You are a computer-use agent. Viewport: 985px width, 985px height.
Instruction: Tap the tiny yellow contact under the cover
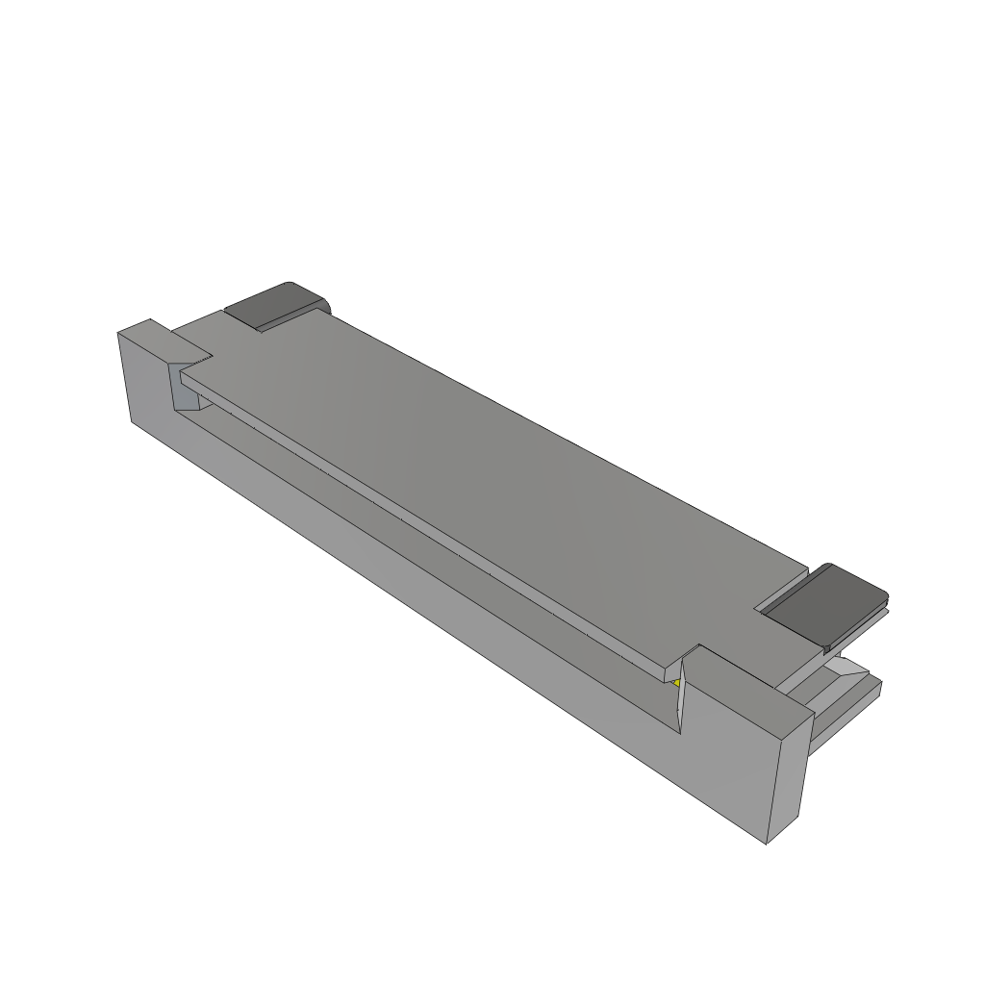(x=677, y=683)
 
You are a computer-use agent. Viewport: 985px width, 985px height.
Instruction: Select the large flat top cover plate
(x=500, y=481)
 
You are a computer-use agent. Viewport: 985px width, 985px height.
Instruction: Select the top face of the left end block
(x=159, y=341)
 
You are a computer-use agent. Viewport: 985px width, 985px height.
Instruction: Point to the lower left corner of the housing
(x=132, y=420)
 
